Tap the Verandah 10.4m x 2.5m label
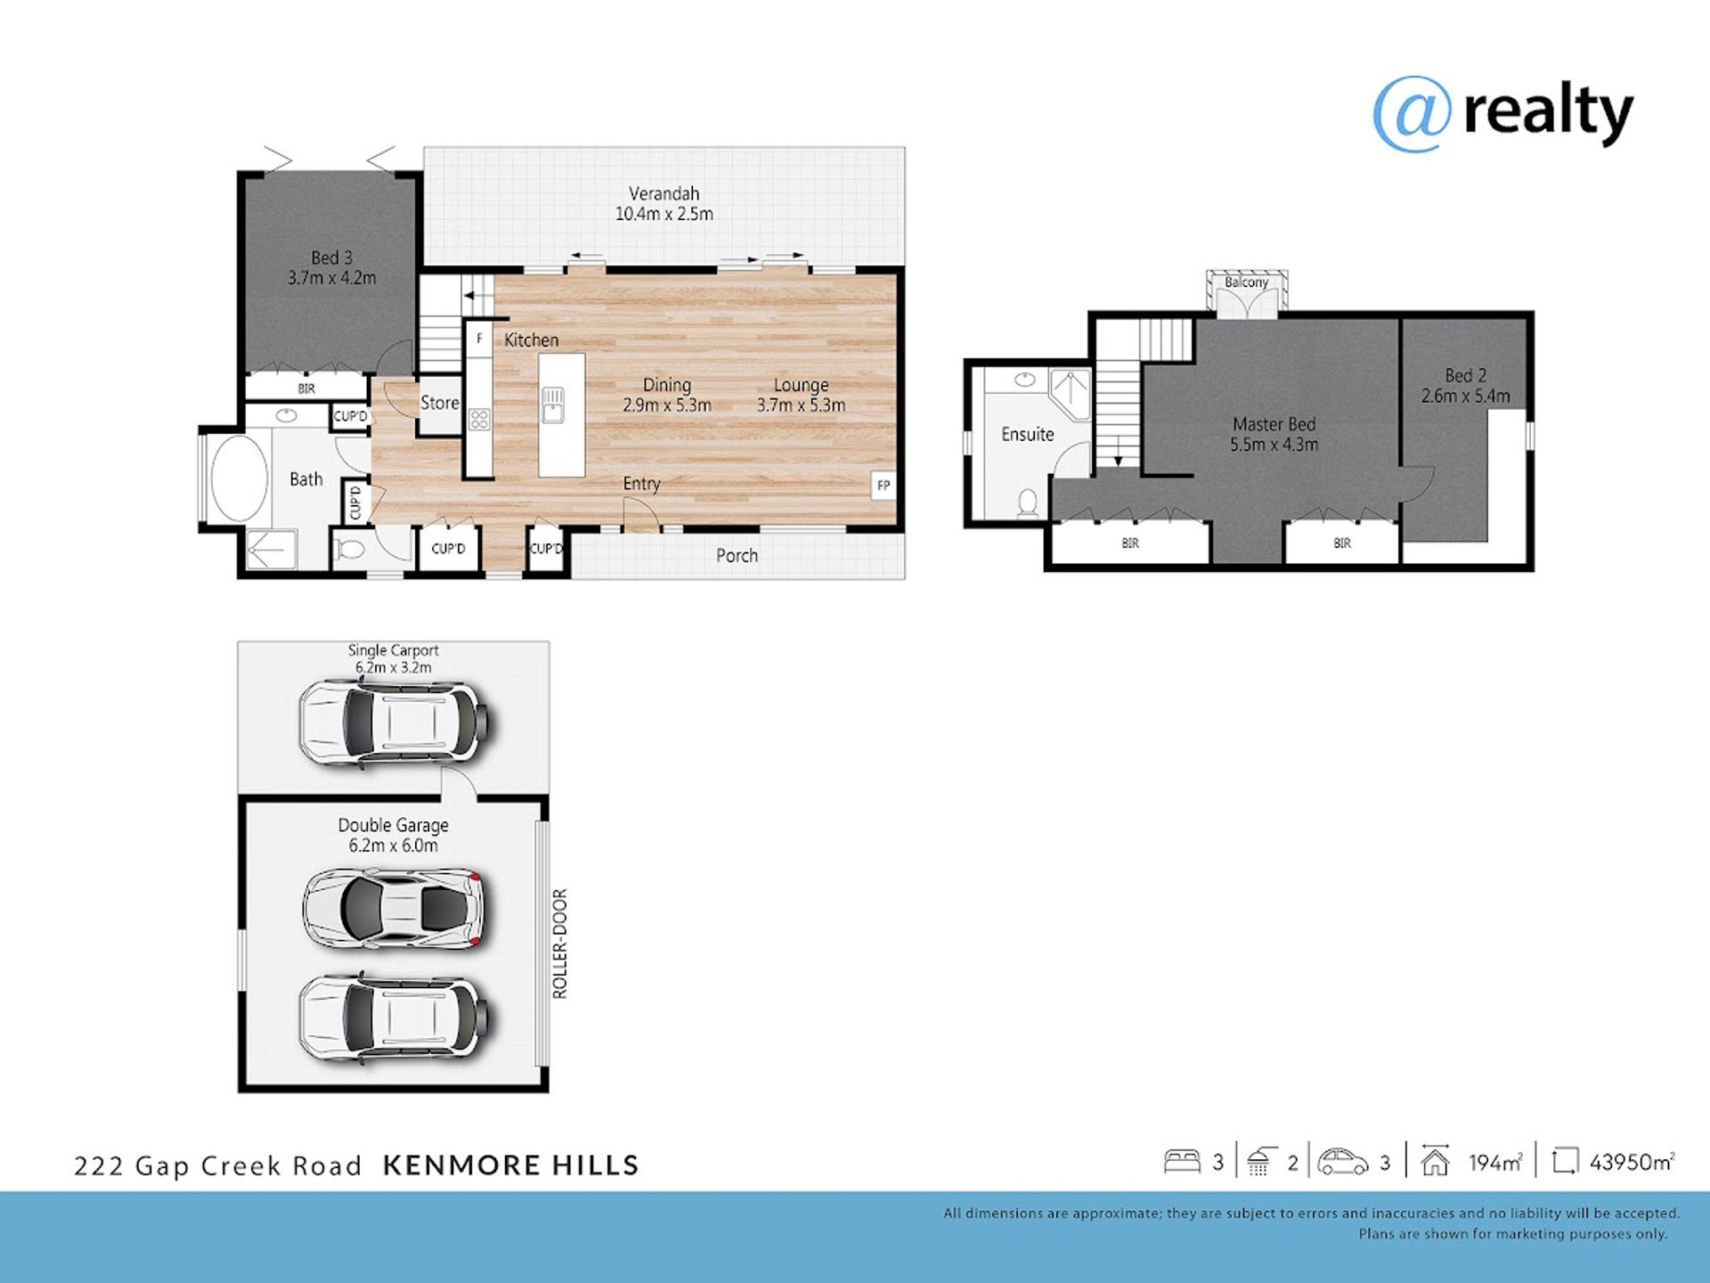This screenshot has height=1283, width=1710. click(x=664, y=204)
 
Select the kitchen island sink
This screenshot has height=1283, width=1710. click(x=552, y=405)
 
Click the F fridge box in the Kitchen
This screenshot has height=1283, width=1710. click(x=479, y=339)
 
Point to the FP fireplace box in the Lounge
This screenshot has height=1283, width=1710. click(x=883, y=486)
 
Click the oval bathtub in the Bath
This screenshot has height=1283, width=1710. click(x=239, y=478)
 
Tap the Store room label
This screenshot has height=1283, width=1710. click(x=440, y=403)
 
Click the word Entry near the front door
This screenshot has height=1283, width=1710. click(x=641, y=484)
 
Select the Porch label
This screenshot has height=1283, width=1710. click(x=737, y=556)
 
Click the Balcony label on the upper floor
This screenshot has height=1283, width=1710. click(x=1246, y=282)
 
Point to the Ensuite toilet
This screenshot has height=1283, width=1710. click(x=1028, y=503)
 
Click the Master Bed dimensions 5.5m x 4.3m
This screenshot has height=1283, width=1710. click(x=1274, y=445)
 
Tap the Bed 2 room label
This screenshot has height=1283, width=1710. click(x=1466, y=376)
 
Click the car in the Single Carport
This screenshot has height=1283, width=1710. click(x=395, y=723)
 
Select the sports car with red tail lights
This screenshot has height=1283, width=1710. click(x=395, y=908)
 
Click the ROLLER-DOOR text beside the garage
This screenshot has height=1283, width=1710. click(x=559, y=944)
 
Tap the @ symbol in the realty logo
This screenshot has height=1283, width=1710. click(x=1413, y=114)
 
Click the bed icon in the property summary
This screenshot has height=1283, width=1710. click(x=1182, y=1161)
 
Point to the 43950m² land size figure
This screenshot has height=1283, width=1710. click(x=1632, y=1162)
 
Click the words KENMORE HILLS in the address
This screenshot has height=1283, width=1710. click(x=511, y=1165)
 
